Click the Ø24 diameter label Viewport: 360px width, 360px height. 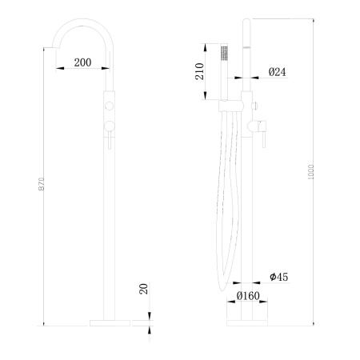[x=277, y=73]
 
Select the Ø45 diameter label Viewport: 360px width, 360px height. [x=278, y=277]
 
